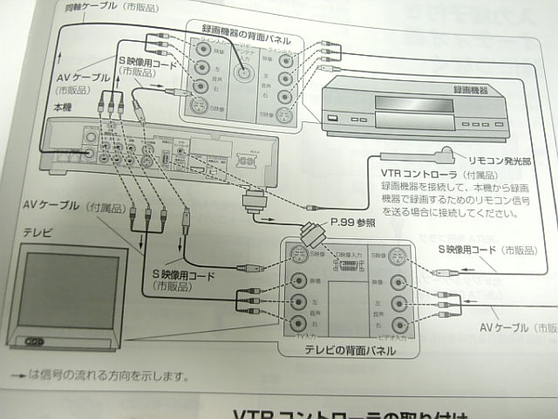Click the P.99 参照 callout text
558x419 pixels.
click(x=352, y=223)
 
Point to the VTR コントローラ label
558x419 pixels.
click(x=417, y=175)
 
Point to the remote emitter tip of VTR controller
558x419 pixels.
click(x=446, y=155)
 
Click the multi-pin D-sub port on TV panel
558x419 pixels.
click(x=345, y=264)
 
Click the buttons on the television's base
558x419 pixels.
click(x=34, y=340)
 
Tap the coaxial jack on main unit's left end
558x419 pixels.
click(x=90, y=154)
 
